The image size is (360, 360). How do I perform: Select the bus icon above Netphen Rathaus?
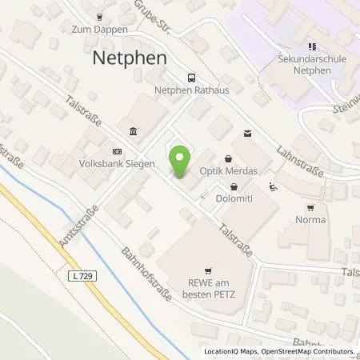(x=190, y=78)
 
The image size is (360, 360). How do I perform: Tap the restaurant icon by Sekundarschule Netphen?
(x=312, y=46)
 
